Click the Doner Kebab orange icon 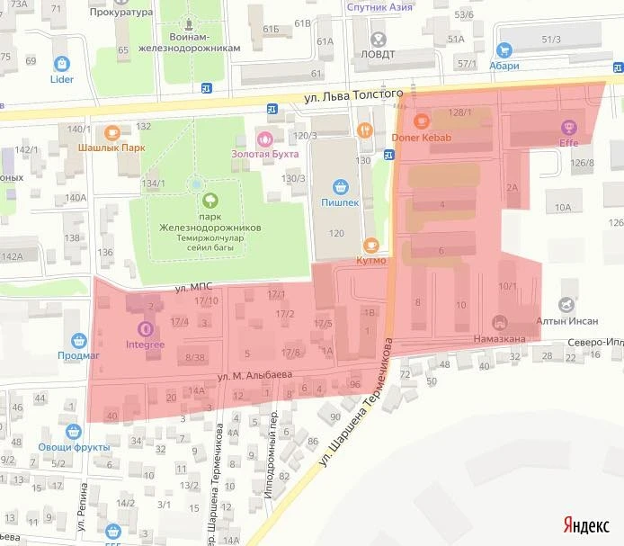click(x=421, y=121)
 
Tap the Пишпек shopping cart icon click(x=341, y=187)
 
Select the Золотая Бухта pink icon click(x=265, y=139)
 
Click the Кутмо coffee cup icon click(x=370, y=246)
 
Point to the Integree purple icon click(x=145, y=329)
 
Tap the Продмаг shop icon click(x=78, y=341)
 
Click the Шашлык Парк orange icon click(x=111, y=131)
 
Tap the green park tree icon click(x=209, y=199)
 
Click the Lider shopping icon click(x=62, y=64)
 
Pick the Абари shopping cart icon click(x=504, y=50)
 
